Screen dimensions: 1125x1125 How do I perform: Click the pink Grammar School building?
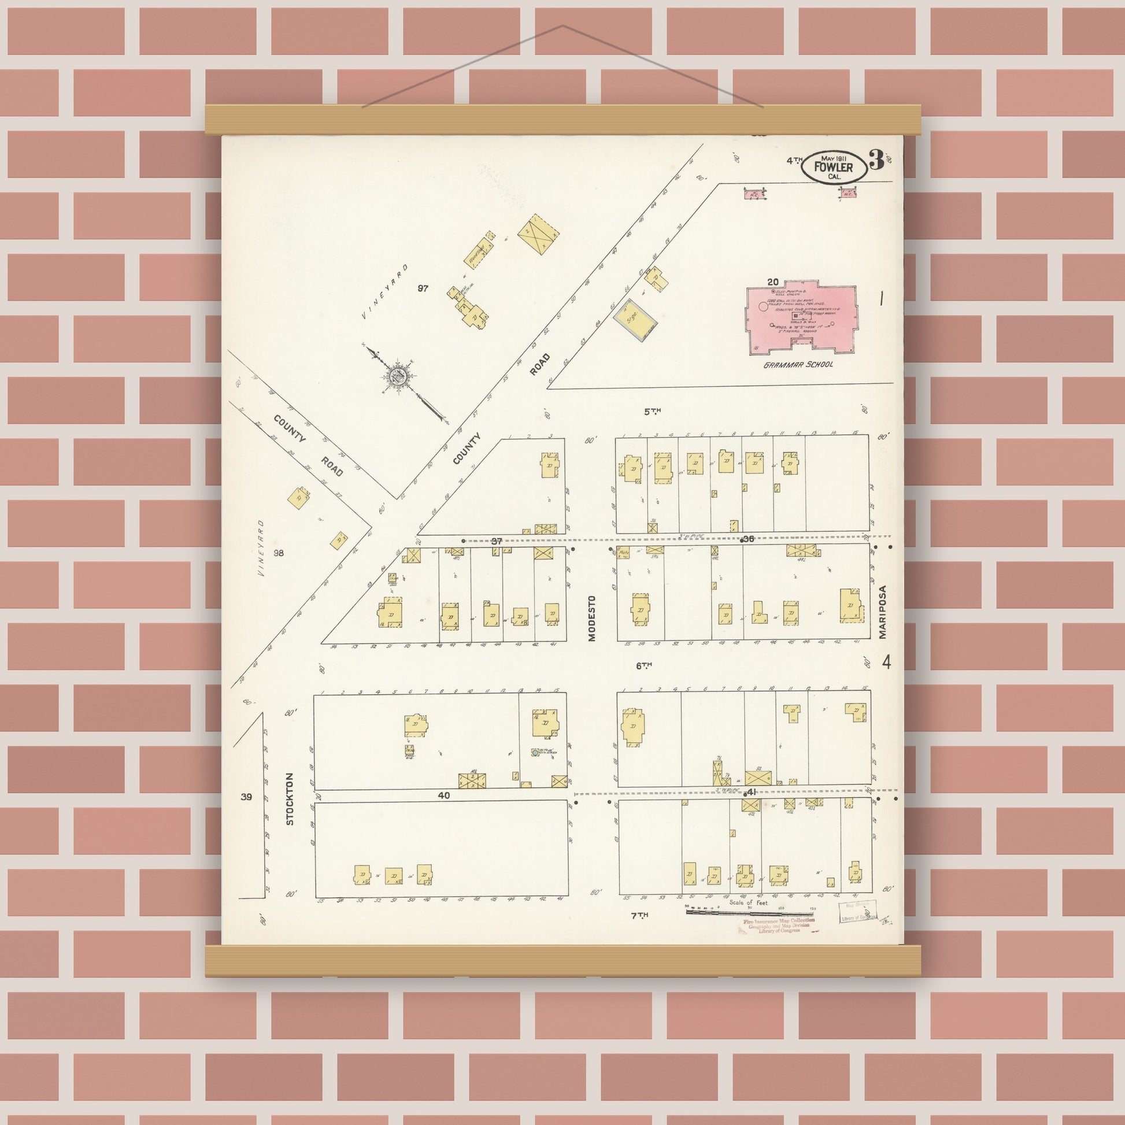click(x=802, y=319)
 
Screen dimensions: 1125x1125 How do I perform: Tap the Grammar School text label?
click(x=798, y=365)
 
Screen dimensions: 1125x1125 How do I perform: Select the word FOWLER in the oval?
click(x=833, y=168)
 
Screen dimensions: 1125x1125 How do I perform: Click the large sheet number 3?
click(x=876, y=160)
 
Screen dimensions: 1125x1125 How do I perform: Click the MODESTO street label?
click(x=592, y=618)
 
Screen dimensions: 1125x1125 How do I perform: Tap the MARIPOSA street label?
click(x=882, y=612)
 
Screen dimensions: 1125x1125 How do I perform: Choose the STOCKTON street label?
click(x=290, y=799)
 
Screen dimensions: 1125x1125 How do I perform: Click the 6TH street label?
click(x=643, y=665)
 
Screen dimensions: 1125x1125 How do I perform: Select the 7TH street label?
click(x=640, y=915)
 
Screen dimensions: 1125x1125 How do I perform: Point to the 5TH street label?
click(x=652, y=412)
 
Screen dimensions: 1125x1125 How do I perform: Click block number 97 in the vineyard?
click(x=423, y=288)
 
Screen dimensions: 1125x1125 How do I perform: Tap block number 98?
click(x=279, y=553)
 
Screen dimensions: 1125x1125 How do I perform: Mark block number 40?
click(x=444, y=795)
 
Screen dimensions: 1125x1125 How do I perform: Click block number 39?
click(x=246, y=797)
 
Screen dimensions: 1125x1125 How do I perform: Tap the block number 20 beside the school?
click(x=773, y=283)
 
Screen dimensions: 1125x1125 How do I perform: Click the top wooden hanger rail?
click(x=562, y=119)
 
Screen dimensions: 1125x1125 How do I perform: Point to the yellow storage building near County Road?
click(x=635, y=320)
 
